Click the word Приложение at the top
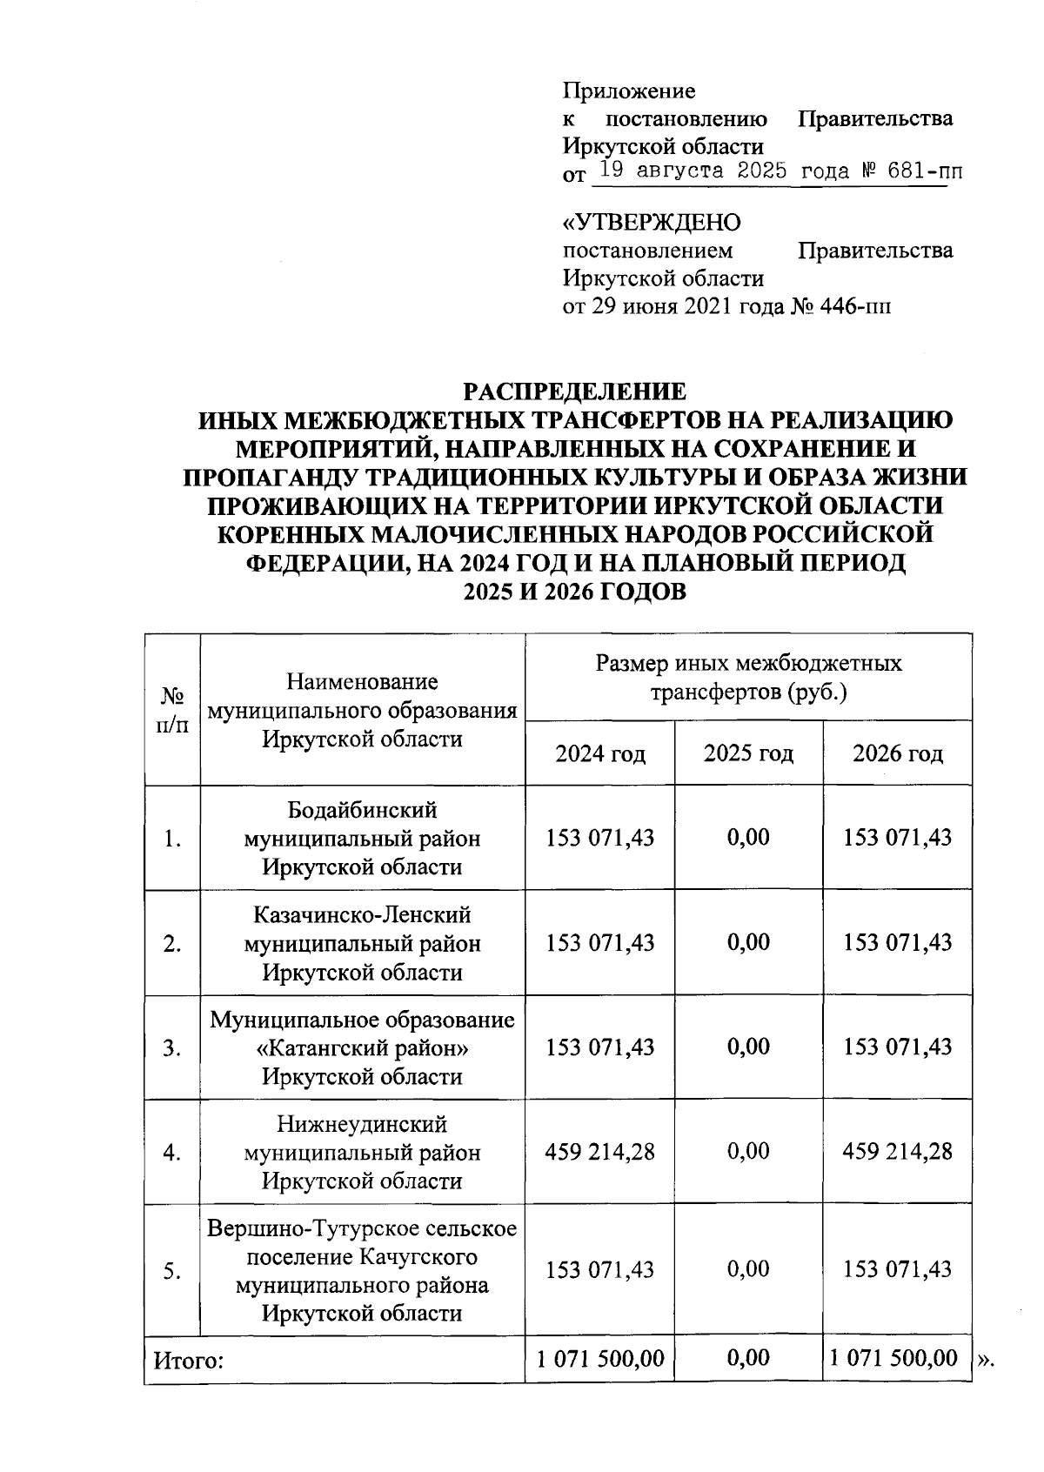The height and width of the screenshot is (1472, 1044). pos(629,90)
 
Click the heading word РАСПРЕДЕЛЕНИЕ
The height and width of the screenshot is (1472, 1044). pos(574,391)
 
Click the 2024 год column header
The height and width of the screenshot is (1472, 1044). pos(600,753)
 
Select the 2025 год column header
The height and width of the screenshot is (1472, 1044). pos(748,753)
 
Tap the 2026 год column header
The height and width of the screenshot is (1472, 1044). pos(897,753)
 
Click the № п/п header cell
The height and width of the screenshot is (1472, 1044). pos(172,710)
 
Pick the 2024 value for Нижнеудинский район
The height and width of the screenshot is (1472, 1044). pos(600,1152)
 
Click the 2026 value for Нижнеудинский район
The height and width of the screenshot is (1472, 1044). pos(897,1152)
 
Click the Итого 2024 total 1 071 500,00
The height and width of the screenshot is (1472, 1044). pos(600,1358)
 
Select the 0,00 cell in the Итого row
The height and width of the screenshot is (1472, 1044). pos(748,1358)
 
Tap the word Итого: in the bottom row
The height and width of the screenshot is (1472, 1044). pos(189,1361)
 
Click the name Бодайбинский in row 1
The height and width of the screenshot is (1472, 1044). pos(362,811)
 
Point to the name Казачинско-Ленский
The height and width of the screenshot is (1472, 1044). pos(362,915)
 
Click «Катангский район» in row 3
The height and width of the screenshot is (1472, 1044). pos(362,1048)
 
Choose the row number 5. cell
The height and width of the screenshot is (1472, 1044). pos(172,1271)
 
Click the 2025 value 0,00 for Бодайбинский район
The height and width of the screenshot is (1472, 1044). pos(748,838)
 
